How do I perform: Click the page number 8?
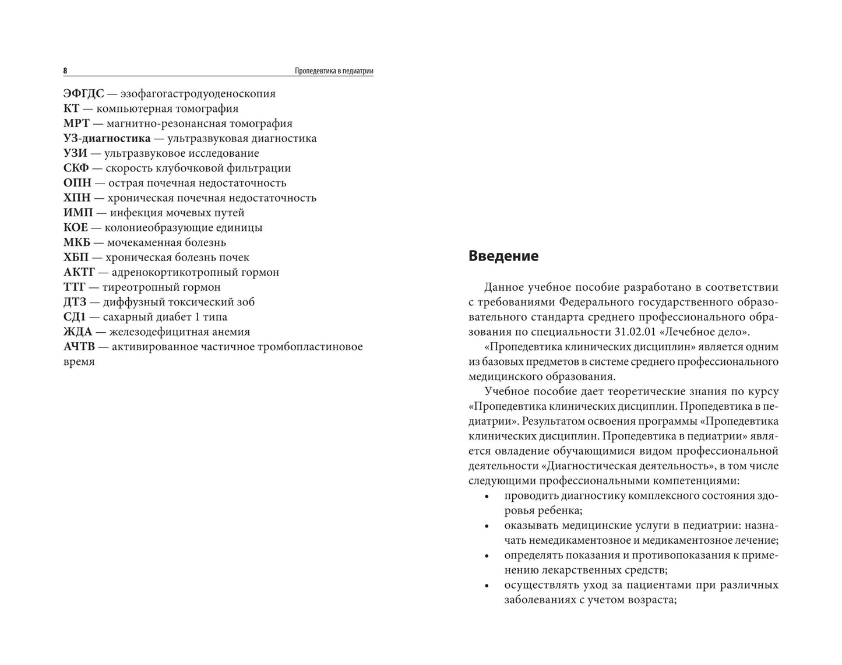[x=65, y=71]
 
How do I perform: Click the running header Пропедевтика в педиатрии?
[x=333, y=71]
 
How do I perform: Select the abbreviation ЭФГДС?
[x=83, y=93]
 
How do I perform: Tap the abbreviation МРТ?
[x=76, y=124]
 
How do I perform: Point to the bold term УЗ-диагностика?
[x=107, y=139]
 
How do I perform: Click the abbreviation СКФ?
[x=76, y=168]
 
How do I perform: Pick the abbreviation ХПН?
[x=76, y=198]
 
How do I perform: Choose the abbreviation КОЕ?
[x=75, y=228]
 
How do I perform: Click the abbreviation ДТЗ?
[x=75, y=302]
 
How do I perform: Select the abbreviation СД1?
[x=75, y=317]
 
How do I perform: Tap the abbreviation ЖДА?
[x=77, y=332]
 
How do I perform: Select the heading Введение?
[x=503, y=256]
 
